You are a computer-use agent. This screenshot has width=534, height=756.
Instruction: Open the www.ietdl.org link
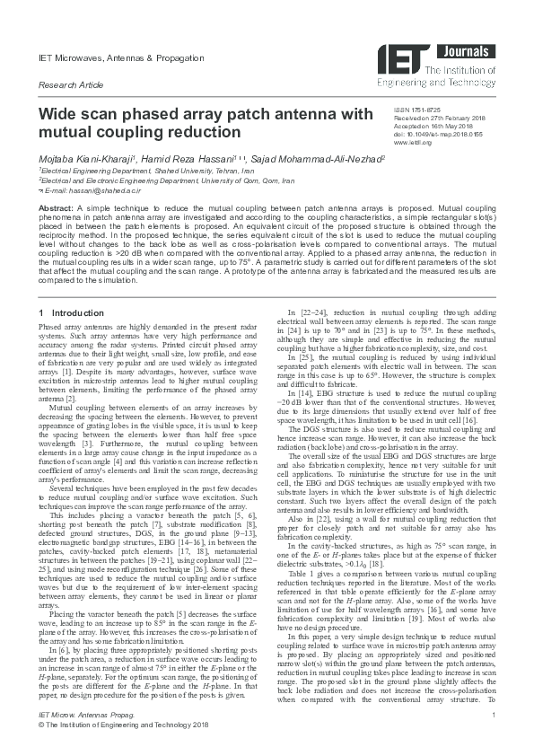point(413,142)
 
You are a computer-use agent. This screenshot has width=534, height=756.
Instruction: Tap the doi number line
point(432,134)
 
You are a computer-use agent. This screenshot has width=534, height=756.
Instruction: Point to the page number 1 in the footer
point(494,738)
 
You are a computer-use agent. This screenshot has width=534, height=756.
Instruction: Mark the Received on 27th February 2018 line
point(436,118)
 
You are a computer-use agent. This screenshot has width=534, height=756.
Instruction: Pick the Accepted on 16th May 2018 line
point(430,126)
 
